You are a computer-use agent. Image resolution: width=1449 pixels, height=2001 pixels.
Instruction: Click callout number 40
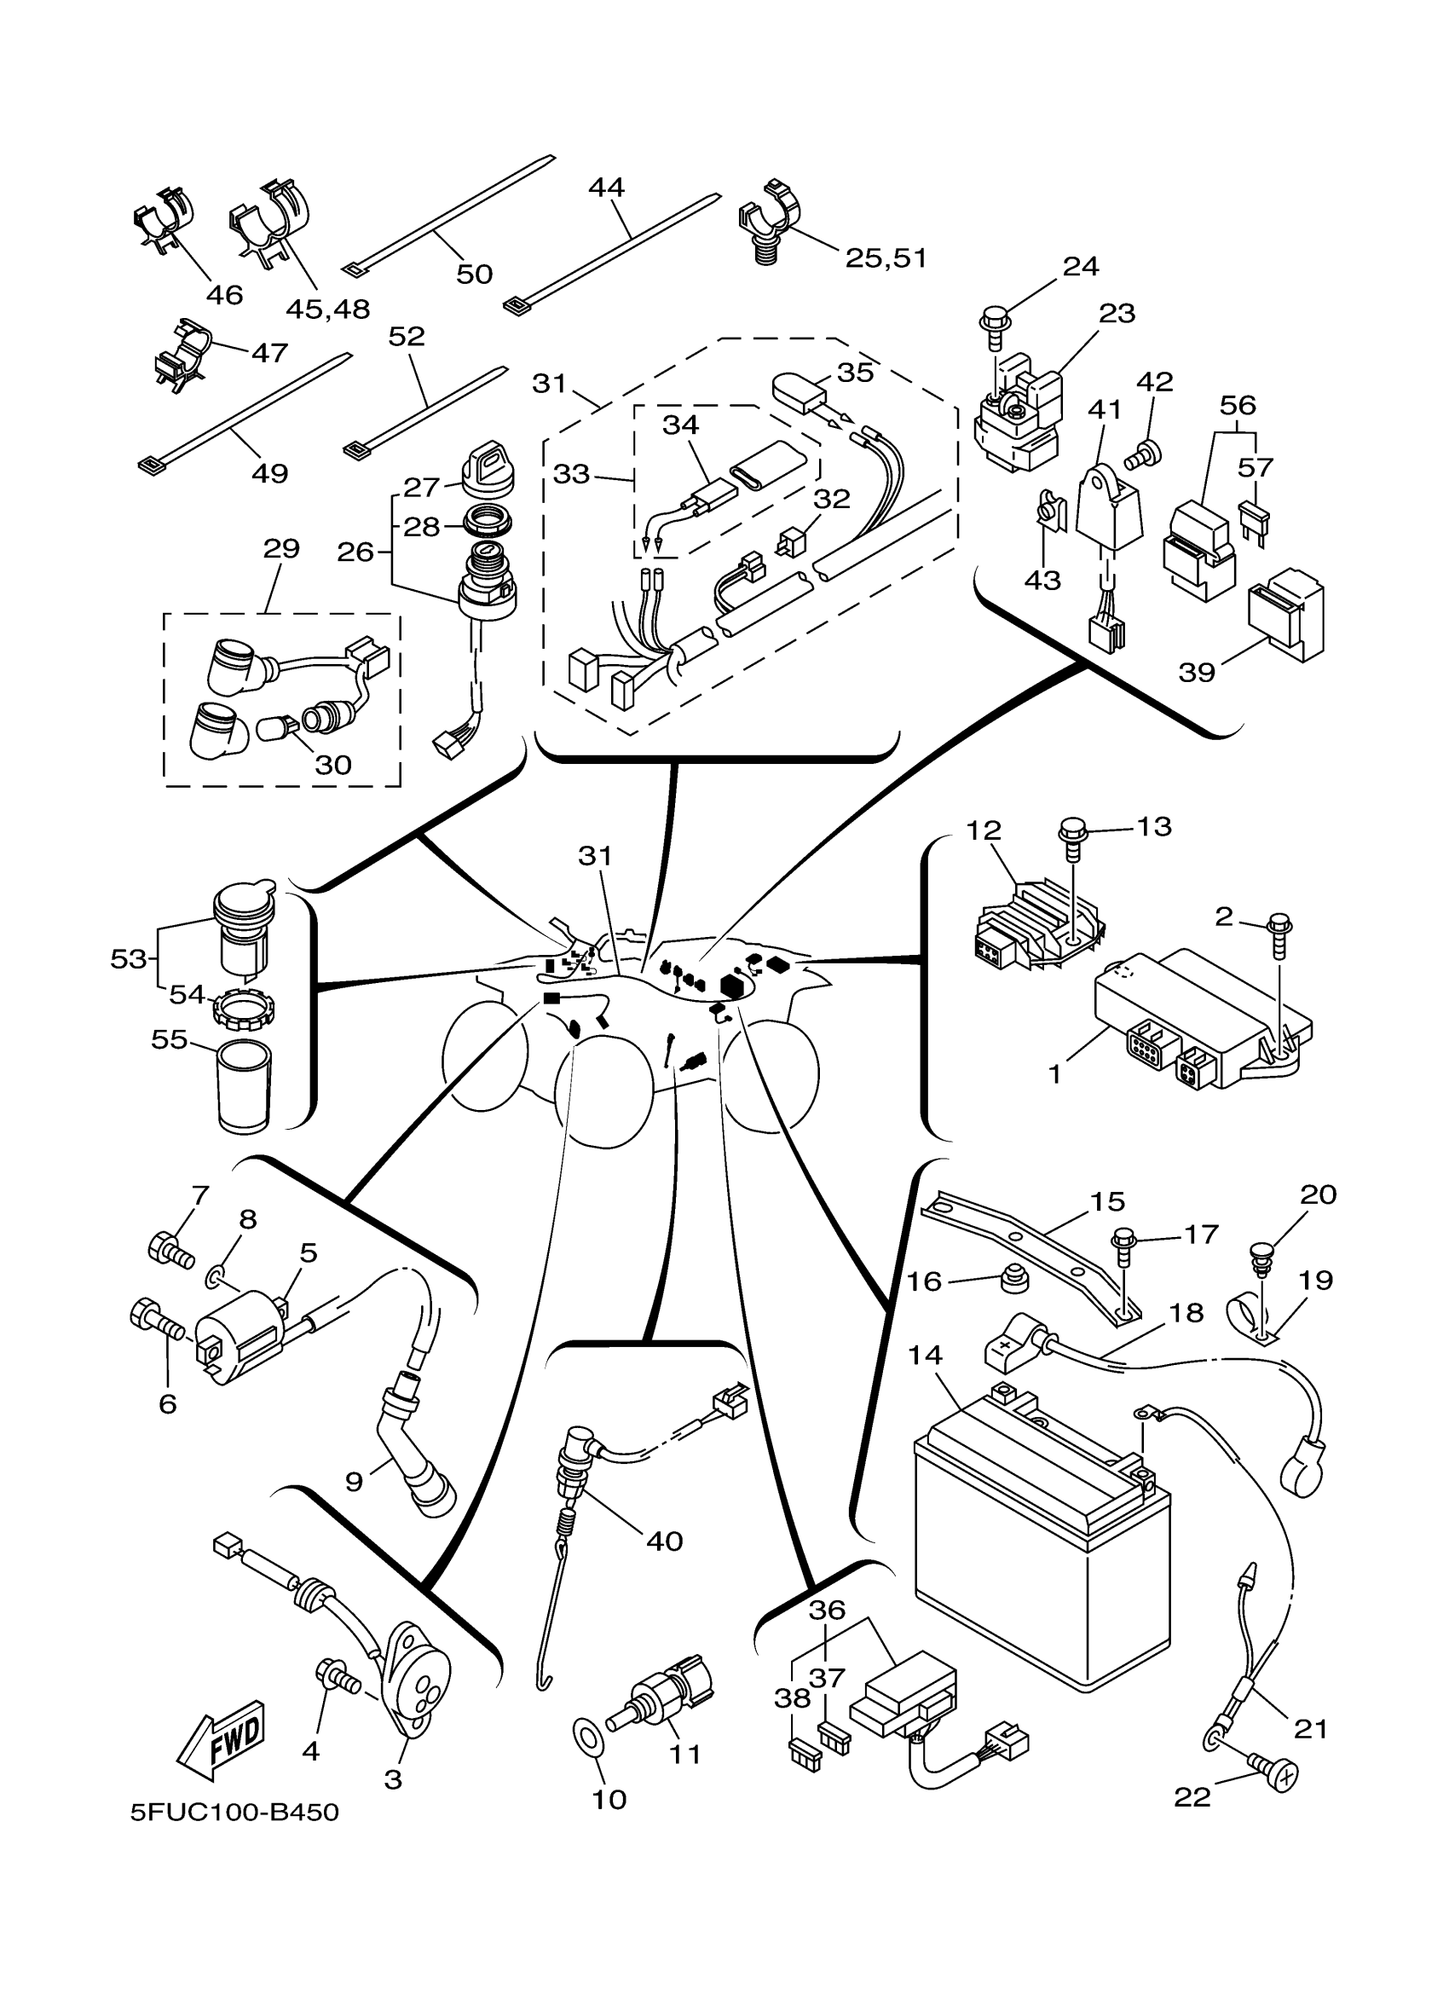pos(664,1541)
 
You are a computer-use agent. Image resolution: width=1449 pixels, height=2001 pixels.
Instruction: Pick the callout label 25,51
pos(886,257)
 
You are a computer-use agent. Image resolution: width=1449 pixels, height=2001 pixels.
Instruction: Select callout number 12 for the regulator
pos(984,830)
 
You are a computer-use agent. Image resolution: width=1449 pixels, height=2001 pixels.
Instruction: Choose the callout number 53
pos(128,959)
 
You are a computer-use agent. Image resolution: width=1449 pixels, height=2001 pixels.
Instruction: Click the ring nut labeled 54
pos(245,1009)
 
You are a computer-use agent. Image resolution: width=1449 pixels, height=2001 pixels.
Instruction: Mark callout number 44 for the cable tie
pos(607,187)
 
